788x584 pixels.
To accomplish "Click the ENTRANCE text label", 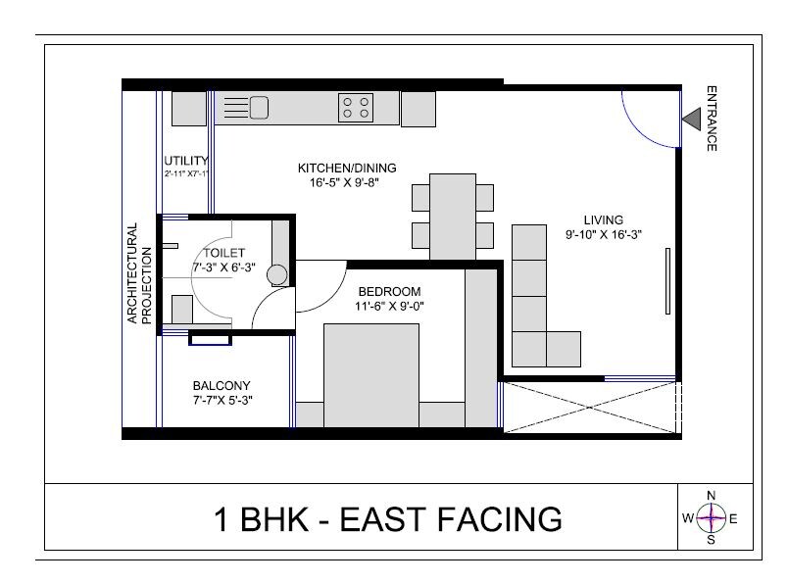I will click(x=712, y=119).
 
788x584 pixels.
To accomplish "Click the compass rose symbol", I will click(x=712, y=517).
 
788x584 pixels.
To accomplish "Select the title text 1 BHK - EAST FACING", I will click(x=388, y=518).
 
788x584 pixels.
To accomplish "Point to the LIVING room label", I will click(x=604, y=219).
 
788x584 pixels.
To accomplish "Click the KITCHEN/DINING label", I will click(x=347, y=169).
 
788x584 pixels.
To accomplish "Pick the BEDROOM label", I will click(x=389, y=292).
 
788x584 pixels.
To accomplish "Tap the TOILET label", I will click(x=217, y=253).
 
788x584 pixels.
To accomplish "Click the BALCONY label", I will click(x=222, y=385).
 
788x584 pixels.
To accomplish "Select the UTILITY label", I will click(x=186, y=162).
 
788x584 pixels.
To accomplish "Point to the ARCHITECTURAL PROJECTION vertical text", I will click(x=139, y=273).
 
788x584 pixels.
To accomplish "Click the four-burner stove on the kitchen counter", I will click(x=356, y=107).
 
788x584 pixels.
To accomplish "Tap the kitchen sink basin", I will click(x=259, y=107).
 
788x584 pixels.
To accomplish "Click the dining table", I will click(x=451, y=215).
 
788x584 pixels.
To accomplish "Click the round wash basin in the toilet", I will click(x=278, y=274).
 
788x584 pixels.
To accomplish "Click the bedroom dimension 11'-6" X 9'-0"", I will click(x=389, y=306).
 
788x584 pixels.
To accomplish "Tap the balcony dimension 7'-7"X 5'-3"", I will click(x=222, y=399).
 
